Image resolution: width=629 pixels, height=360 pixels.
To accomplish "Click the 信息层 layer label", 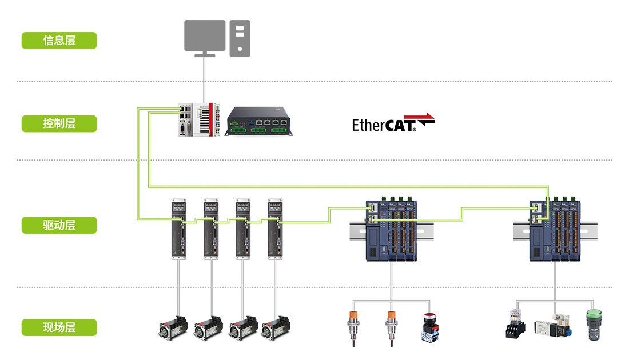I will coord(59,41).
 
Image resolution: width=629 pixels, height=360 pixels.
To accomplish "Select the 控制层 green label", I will coord(59,123).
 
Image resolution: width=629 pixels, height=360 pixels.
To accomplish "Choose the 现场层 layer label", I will coord(59,327).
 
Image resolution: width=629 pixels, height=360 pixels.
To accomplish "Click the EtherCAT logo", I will coord(393,123).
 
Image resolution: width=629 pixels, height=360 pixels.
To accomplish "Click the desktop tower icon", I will coord(240,38).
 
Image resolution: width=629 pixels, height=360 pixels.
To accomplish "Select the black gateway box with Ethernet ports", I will coord(260,122).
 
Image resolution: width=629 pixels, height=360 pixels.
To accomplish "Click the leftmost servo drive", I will coord(179,229).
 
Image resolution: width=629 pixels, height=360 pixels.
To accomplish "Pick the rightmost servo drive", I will coord(276,229).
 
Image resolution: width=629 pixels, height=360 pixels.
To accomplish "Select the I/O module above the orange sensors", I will coord(392,231).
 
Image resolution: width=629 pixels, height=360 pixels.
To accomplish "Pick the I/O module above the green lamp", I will coord(555,231).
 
